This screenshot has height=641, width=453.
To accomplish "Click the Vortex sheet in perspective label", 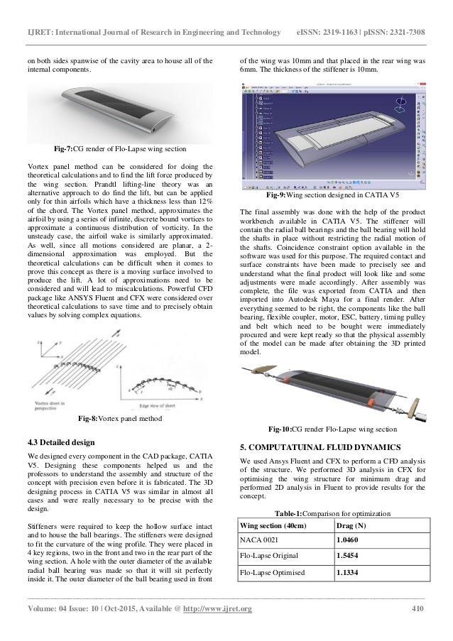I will click(x=57, y=403).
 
